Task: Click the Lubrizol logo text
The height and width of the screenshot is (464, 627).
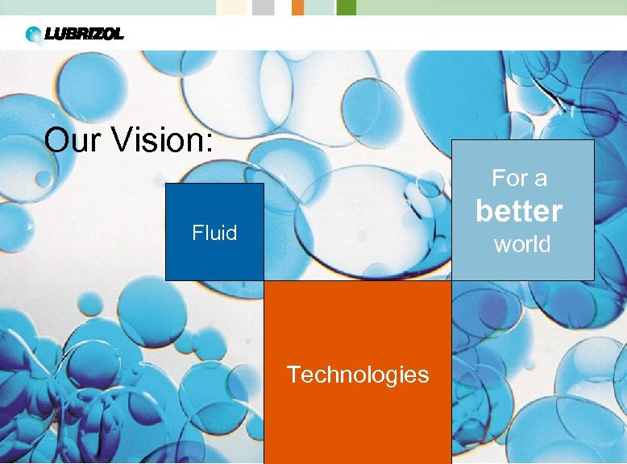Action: click(x=85, y=34)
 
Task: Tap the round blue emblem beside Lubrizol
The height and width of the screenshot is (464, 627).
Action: click(x=34, y=35)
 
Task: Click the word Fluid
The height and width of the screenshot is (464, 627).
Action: click(x=214, y=234)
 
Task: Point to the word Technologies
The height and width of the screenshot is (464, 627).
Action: click(x=358, y=375)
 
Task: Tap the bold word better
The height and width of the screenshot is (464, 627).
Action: click(x=519, y=211)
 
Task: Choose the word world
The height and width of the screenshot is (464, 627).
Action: click(x=522, y=244)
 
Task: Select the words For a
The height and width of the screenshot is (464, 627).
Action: click(x=519, y=177)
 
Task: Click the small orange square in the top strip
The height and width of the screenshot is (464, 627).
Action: click(x=297, y=7)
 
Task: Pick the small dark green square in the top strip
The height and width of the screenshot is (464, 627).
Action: click(x=346, y=7)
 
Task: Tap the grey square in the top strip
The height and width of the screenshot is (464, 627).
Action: click(x=263, y=7)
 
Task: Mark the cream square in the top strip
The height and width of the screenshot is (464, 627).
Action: click(x=233, y=7)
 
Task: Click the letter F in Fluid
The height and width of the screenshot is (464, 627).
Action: click(x=197, y=234)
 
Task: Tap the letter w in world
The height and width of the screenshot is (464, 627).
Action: click(x=502, y=245)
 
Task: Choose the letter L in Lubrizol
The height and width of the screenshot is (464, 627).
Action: click(x=52, y=34)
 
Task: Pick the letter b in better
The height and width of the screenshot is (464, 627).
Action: click(x=484, y=211)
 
